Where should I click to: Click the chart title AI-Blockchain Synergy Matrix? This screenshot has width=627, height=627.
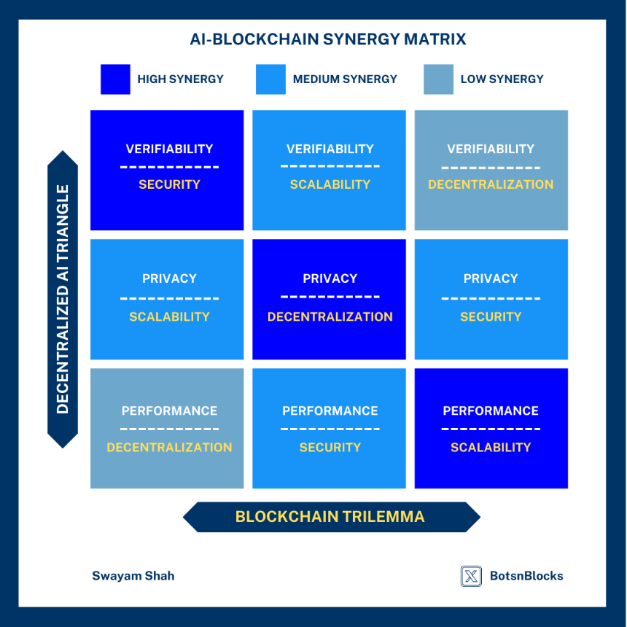[x=328, y=39]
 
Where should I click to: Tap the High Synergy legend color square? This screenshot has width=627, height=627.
[x=115, y=79]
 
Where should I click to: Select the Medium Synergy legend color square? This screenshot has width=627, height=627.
[x=270, y=79]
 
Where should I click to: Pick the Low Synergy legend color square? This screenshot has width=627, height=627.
[x=438, y=79]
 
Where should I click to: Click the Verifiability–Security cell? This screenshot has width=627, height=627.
[x=167, y=170]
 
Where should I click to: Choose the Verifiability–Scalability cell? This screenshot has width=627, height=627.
[x=329, y=170]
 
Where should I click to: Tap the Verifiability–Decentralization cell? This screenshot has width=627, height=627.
[x=491, y=170]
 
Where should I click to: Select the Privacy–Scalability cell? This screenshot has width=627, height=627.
[x=167, y=299]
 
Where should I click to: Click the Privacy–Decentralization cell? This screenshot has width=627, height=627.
[x=329, y=299]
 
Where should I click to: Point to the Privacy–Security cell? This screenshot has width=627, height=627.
[x=491, y=299]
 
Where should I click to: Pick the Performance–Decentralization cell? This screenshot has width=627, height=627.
[x=167, y=428]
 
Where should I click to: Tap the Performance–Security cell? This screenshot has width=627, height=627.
[x=329, y=428]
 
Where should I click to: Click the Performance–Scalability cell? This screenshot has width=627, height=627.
[x=491, y=428]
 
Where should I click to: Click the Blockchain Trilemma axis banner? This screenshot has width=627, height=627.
[x=332, y=517]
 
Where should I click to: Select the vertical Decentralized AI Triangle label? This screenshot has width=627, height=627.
[x=63, y=299]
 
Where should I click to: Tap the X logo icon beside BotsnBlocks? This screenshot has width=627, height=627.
[x=471, y=576]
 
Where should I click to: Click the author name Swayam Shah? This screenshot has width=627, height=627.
[x=133, y=576]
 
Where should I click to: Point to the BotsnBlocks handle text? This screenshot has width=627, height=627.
[x=526, y=576]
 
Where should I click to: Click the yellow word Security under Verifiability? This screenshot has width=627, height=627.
[x=169, y=184]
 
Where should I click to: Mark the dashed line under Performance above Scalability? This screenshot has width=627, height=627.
[x=491, y=429]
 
